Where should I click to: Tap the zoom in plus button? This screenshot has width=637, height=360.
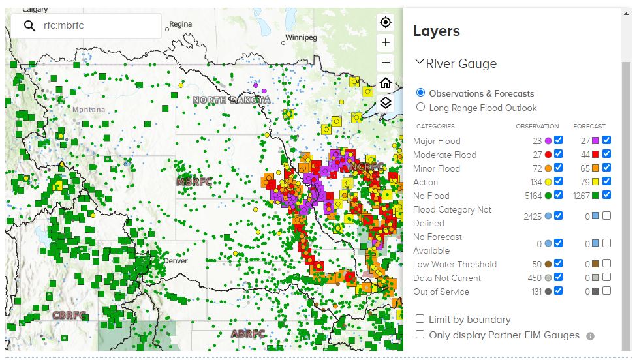pyautogui.click(x=386, y=42)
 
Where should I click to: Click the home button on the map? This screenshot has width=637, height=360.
pyautogui.click(x=386, y=83)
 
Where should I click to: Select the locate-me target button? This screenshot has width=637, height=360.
pyautogui.click(x=386, y=22)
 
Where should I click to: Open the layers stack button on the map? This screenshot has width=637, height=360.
pyautogui.click(x=386, y=103)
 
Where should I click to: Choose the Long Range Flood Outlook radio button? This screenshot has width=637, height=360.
pyautogui.click(x=420, y=107)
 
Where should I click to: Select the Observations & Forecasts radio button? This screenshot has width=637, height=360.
pyautogui.click(x=420, y=93)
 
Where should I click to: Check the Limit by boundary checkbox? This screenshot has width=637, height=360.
pyautogui.click(x=420, y=319)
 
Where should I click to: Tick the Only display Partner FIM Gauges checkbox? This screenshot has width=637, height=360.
pyautogui.click(x=420, y=334)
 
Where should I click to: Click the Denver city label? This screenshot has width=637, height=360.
pyautogui.click(x=176, y=260)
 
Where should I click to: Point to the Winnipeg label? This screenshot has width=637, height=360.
pyautogui.click(x=301, y=37)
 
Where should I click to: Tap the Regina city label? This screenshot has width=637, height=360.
pyautogui.click(x=181, y=24)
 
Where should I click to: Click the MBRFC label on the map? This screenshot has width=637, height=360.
pyautogui.click(x=194, y=181)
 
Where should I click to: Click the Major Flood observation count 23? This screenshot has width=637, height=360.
pyautogui.click(x=537, y=140)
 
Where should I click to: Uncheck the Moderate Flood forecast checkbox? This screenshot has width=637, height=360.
pyautogui.click(x=607, y=154)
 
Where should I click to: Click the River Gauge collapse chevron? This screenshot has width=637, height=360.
pyautogui.click(x=420, y=63)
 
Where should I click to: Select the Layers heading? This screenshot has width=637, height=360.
pyautogui.click(x=437, y=31)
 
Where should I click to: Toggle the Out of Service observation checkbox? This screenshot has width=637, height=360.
pyautogui.click(x=558, y=291)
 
